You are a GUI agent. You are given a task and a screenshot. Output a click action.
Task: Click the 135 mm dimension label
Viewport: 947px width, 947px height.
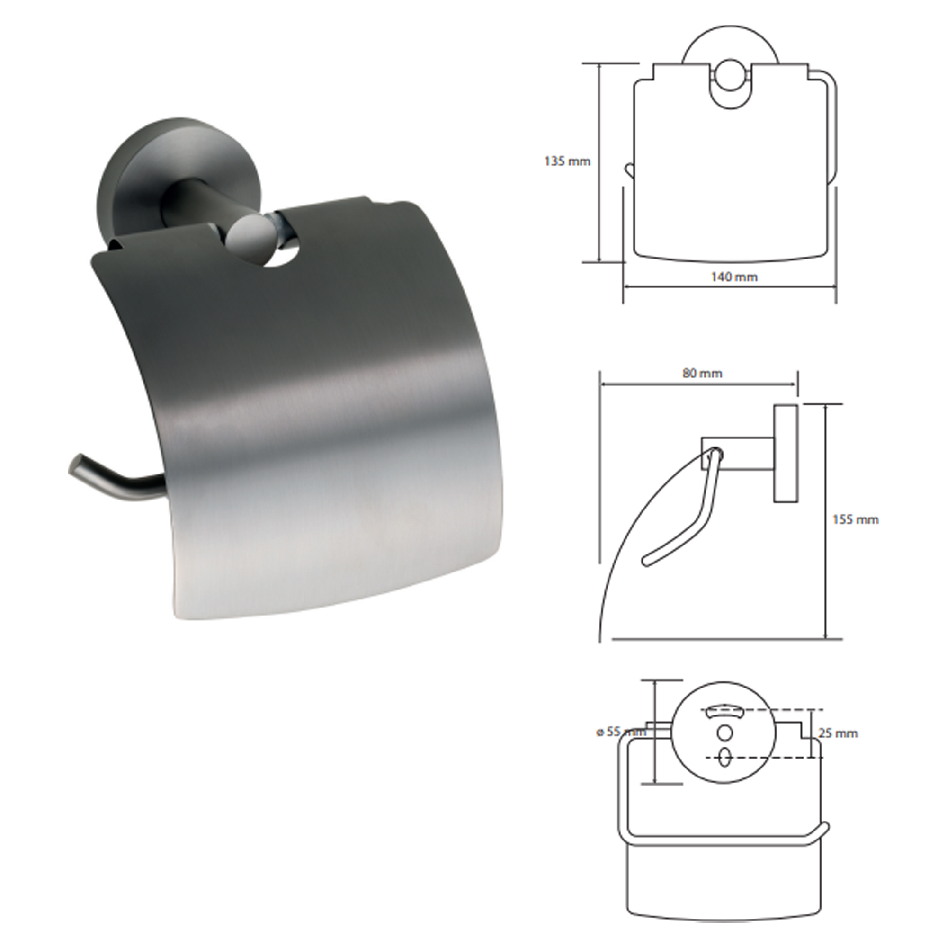click(x=568, y=161)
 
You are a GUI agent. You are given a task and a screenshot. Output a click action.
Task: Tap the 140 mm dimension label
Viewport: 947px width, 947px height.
click(x=734, y=277)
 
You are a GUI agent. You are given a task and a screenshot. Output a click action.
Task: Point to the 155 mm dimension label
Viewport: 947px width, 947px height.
click(x=856, y=519)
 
